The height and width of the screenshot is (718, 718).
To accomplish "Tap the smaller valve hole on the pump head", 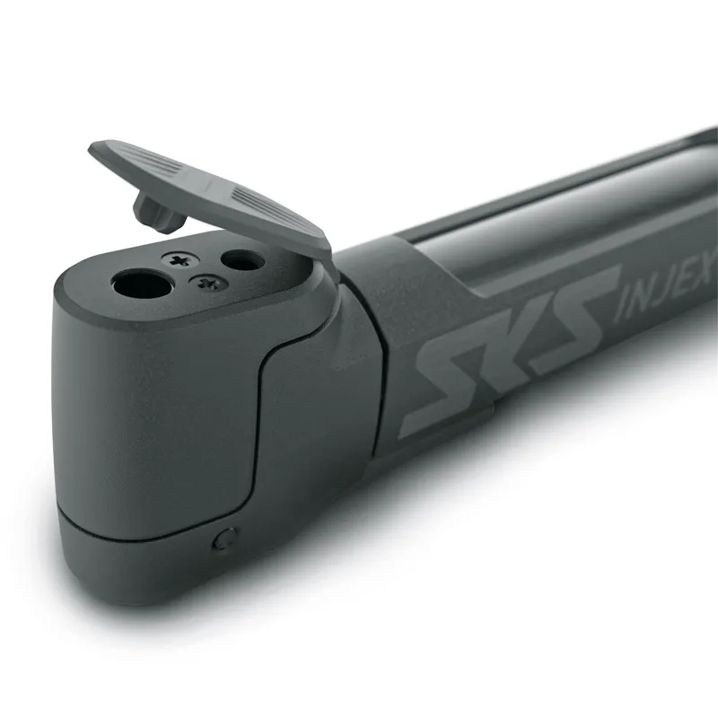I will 242,261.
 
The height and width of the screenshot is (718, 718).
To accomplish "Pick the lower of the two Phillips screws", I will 209,283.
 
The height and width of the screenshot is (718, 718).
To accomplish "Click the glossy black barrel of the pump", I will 556,224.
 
